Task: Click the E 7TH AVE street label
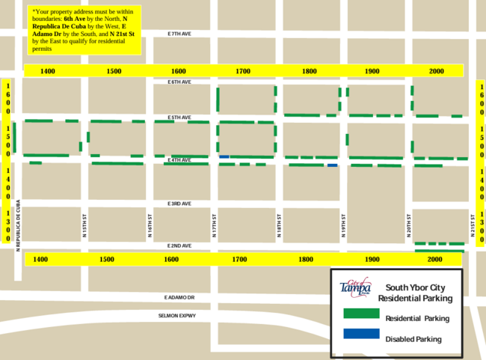click(x=180, y=34)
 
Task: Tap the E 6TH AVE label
click(x=179, y=82)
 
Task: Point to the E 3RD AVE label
click(x=179, y=204)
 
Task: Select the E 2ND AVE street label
click(x=179, y=246)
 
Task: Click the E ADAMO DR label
click(x=179, y=297)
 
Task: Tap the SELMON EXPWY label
click(x=176, y=316)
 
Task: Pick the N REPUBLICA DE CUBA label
click(x=17, y=225)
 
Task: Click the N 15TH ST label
click(x=85, y=225)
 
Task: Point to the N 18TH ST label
click(x=279, y=225)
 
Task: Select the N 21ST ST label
click(x=473, y=225)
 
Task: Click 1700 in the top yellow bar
click(x=243, y=70)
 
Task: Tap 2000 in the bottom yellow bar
click(x=435, y=259)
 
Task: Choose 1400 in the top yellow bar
click(x=48, y=70)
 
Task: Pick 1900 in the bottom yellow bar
click(x=372, y=259)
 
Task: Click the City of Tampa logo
click(x=355, y=287)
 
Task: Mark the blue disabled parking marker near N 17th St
click(x=224, y=156)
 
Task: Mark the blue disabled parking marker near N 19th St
click(x=333, y=165)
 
